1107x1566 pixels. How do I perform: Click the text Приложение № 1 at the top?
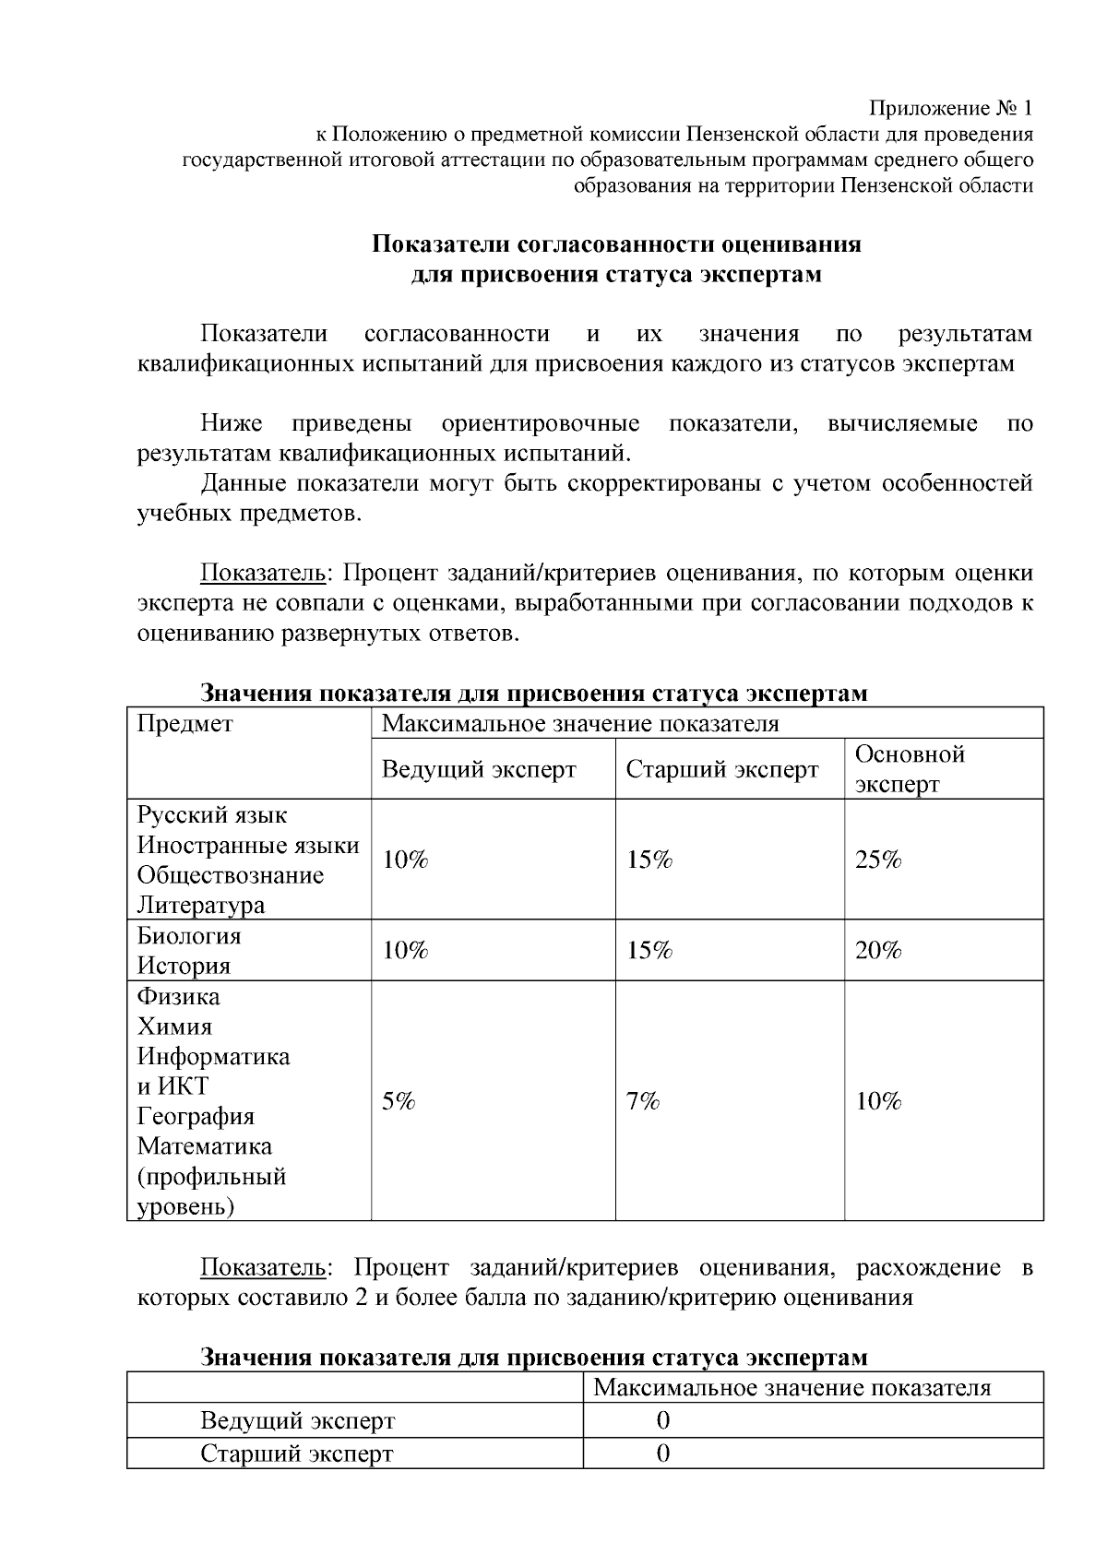pos(952,108)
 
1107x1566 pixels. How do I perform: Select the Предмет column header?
pos(185,723)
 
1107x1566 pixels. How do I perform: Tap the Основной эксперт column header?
pos(910,769)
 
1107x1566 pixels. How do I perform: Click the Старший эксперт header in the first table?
pos(722,769)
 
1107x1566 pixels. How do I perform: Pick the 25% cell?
pos(878,860)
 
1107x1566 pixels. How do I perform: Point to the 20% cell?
pos(878,950)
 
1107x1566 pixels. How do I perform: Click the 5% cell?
pos(399,1100)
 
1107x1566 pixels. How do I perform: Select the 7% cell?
pos(643,1100)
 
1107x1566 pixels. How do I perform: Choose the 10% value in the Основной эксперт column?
pos(878,1100)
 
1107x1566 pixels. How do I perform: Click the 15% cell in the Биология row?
pos(649,950)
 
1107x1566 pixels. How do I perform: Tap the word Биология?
pos(189,935)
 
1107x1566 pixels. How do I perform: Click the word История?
pos(184,966)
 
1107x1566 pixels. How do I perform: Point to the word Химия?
pos(174,1026)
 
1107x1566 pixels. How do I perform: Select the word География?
pos(196,1116)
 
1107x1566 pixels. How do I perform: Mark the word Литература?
pos(200,905)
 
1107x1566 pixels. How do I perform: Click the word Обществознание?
pos(231,874)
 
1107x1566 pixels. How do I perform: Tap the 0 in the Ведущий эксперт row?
pos(662,1420)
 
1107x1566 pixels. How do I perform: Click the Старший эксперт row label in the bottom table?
pos(297,1453)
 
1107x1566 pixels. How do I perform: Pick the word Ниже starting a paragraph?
pos(232,423)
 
